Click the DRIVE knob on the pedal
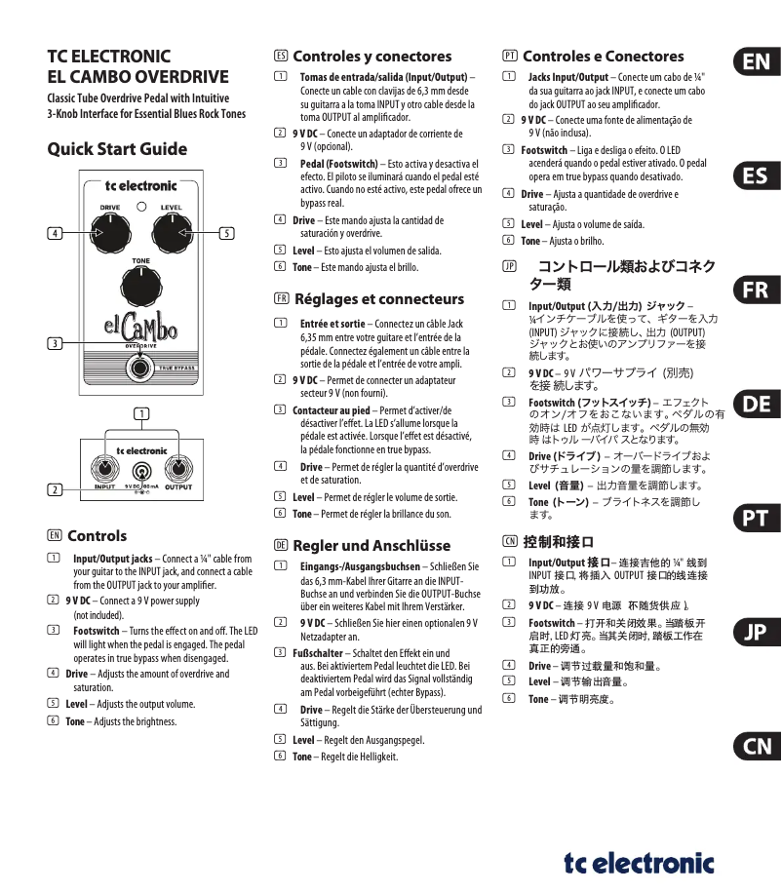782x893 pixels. click(110, 232)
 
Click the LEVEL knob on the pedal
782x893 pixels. click(170, 232)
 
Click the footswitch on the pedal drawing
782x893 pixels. click(141, 368)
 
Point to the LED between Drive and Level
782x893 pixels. click(140, 207)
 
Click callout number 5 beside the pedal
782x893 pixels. click(226, 233)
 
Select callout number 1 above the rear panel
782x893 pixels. click(141, 413)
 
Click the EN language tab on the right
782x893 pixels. click(755, 62)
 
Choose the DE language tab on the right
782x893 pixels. click(755, 404)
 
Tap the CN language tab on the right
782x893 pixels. click(755, 746)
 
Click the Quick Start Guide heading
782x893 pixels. click(117, 149)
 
